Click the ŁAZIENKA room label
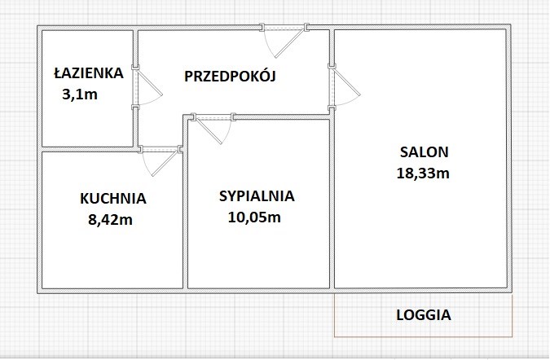89,73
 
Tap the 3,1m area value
80,94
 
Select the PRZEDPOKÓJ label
230,76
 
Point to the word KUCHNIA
113,199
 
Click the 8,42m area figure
111,220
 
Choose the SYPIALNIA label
257,196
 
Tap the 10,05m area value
254,217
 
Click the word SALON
425,152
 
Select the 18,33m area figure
423,173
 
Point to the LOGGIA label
424,314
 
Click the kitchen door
161,160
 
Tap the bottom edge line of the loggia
424,337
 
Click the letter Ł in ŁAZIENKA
58,73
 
